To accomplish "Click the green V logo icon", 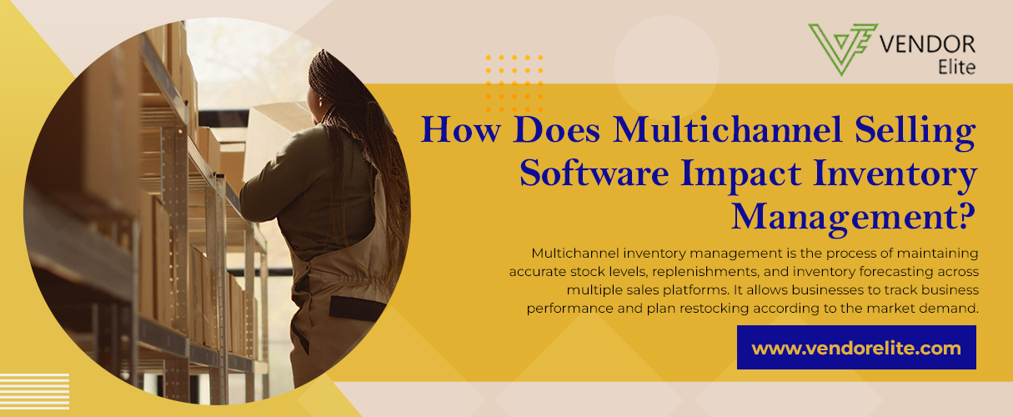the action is pyautogui.click(x=843, y=49).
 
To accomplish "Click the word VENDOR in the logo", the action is pyautogui.click(x=927, y=45).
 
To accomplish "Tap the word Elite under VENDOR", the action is pyautogui.click(x=956, y=68).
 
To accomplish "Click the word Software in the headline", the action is pyautogui.click(x=594, y=173).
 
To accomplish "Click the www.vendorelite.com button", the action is pyautogui.click(x=856, y=347).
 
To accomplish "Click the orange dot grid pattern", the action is pyautogui.click(x=514, y=83).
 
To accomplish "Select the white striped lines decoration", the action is pyautogui.click(x=34, y=391).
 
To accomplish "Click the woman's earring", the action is pyautogui.click(x=321, y=103).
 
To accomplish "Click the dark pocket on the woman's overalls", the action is pyautogui.click(x=357, y=308).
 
